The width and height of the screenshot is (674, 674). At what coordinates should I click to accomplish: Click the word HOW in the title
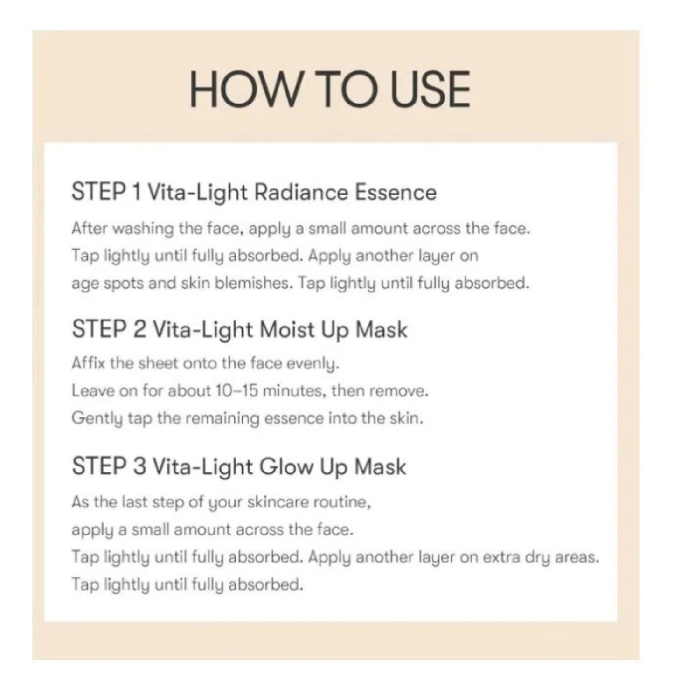[245, 89]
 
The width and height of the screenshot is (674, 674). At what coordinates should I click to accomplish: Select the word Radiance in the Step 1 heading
[301, 193]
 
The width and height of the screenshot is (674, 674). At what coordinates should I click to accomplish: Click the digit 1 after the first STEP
[137, 192]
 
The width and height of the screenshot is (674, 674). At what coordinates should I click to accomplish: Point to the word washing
[143, 229]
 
